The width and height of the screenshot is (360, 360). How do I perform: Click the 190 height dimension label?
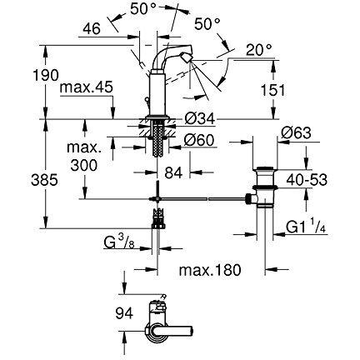[x=46, y=75]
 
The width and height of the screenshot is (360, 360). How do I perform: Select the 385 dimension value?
[x=44, y=181]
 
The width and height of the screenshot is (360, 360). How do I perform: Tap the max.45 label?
[x=87, y=88]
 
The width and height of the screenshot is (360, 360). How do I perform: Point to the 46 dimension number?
[x=92, y=28]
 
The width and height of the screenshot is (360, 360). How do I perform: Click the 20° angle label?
[x=259, y=50]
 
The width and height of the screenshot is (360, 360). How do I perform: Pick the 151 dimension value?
[x=273, y=90]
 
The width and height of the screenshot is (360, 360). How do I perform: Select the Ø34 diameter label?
[x=200, y=119]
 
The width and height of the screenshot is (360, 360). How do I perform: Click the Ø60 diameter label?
[x=199, y=140]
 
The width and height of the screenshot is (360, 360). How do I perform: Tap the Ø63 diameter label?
[x=296, y=133]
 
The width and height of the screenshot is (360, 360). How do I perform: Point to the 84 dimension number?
[x=173, y=172]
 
